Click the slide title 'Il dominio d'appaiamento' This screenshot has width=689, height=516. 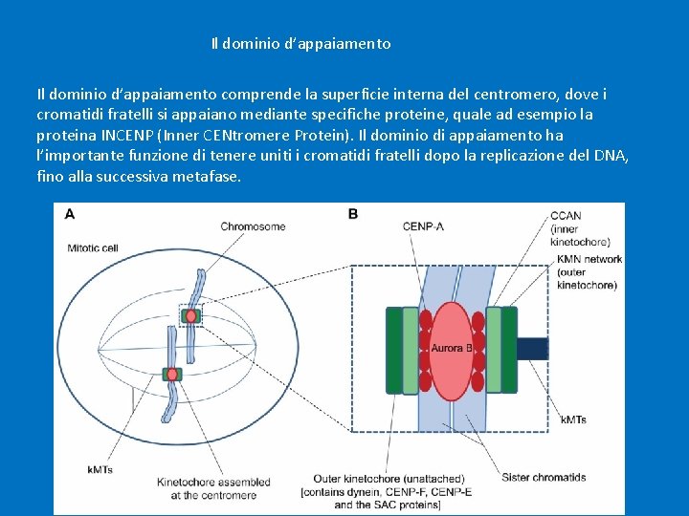pos(300,44)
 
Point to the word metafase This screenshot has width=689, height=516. pos(208,177)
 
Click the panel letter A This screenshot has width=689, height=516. pos(69,215)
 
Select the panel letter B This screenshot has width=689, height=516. pos(353,215)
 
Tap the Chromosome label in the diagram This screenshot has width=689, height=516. pos(253,226)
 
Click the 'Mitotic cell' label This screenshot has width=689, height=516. pos(93,247)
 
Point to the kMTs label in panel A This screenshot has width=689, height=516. pos(100,469)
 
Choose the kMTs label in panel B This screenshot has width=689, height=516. pos(573,419)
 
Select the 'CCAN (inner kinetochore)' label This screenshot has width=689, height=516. pos(580,229)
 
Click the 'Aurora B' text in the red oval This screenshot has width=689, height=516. pos(450,348)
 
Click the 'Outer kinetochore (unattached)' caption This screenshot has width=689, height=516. pos(389,479)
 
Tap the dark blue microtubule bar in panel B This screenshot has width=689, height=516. pos(532,348)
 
